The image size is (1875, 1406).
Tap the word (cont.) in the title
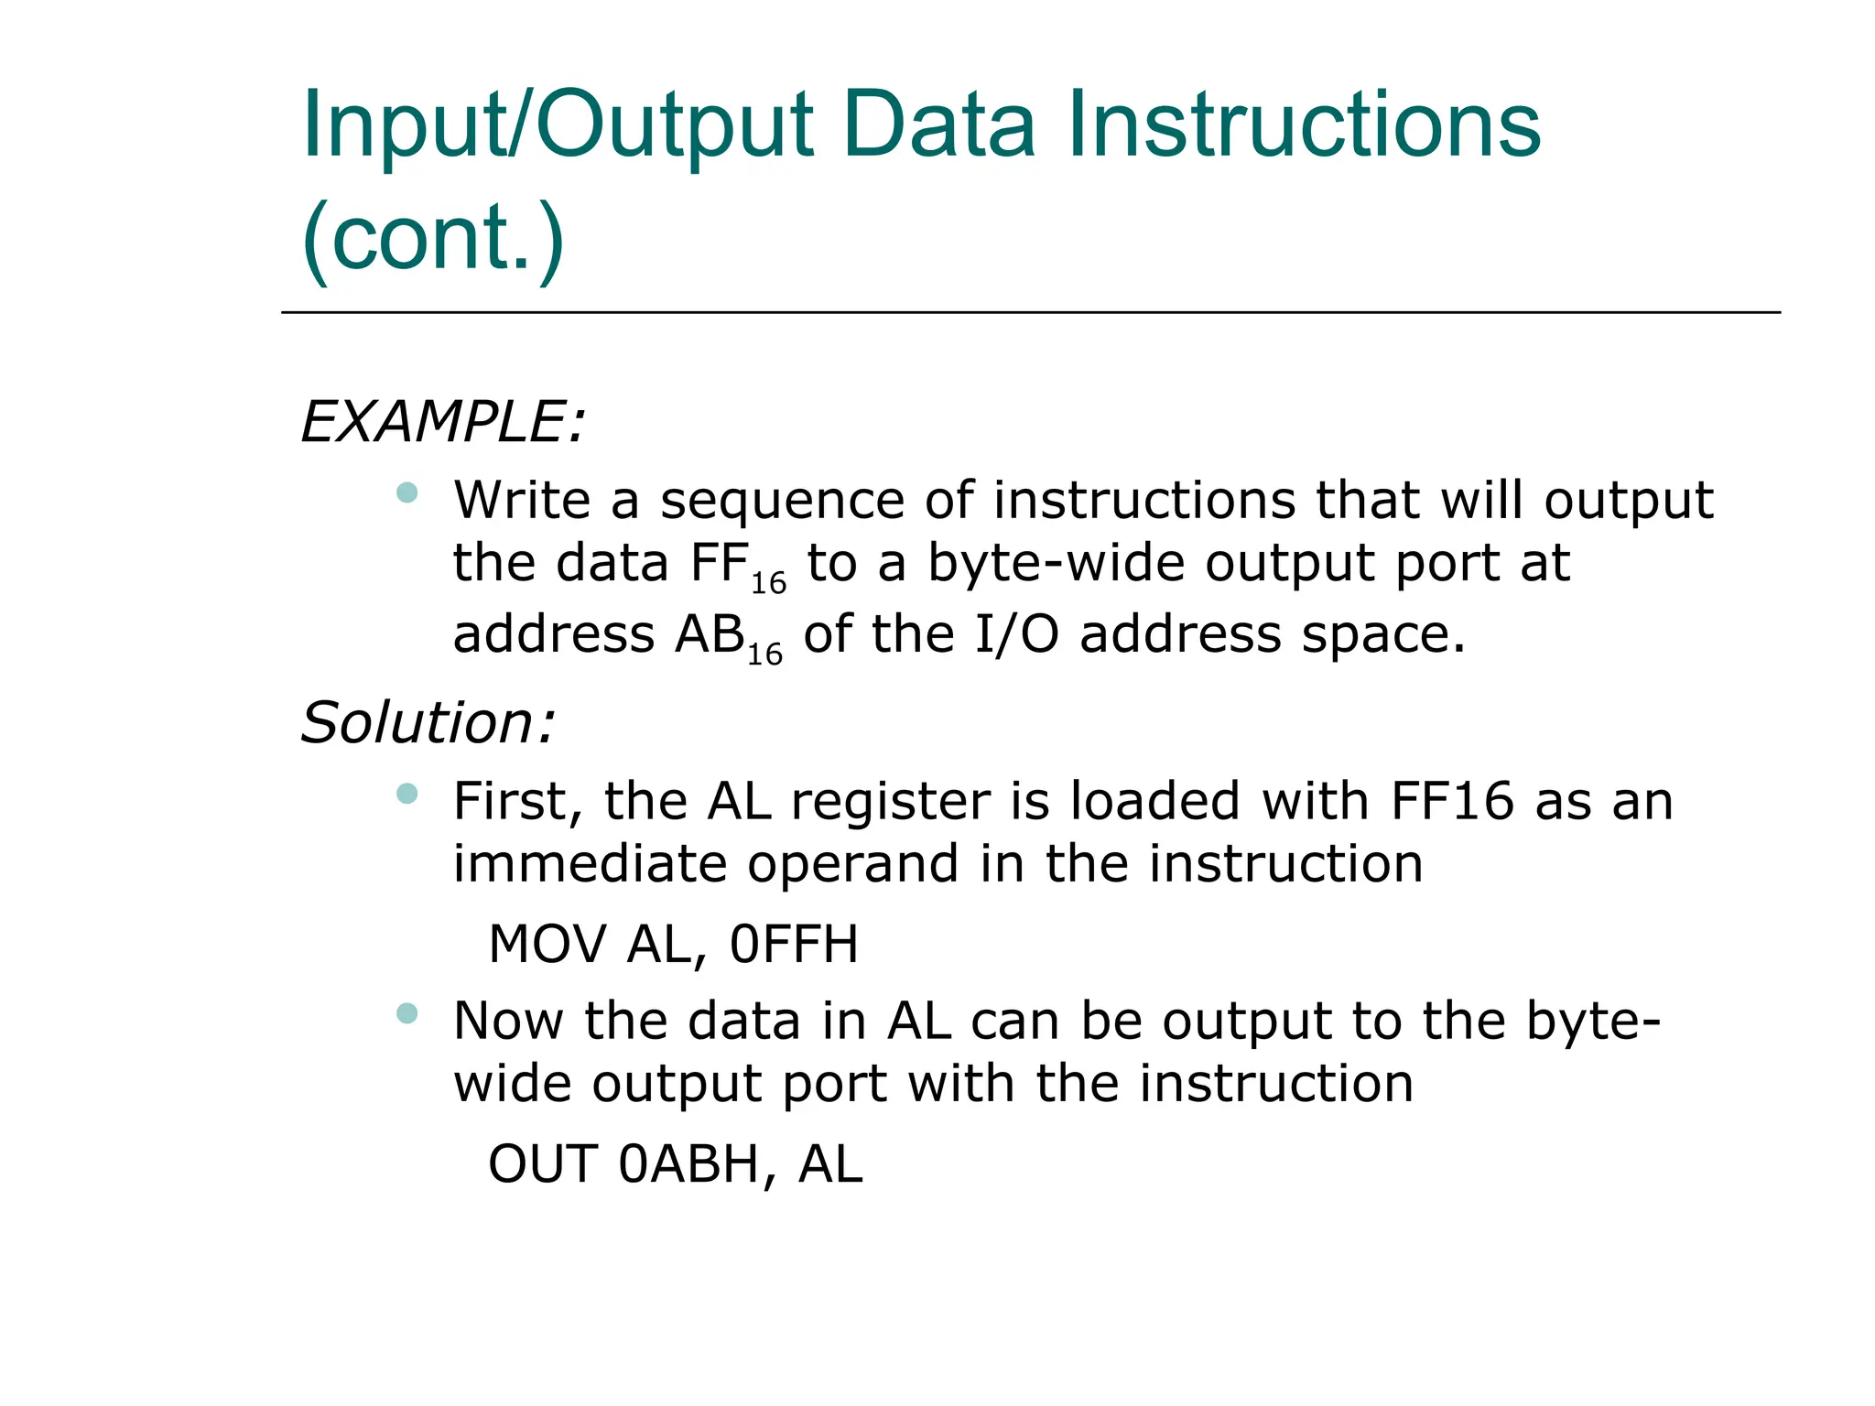click(x=432, y=238)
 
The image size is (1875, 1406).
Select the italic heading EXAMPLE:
click(x=442, y=422)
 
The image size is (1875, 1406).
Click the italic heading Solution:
click(x=428, y=723)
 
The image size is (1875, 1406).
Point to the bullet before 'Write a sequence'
click(x=406, y=493)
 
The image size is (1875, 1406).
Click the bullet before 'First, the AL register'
click(x=406, y=794)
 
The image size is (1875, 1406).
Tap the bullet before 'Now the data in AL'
click(x=406, y=1013)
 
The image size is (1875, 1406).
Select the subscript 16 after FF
click(x=768, y=582)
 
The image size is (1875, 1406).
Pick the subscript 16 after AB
click(x=764, y=654)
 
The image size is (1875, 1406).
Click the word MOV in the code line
click(x=547, y=945)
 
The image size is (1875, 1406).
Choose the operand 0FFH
click(x=794, y=945)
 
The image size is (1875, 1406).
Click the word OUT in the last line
click(x=543, y=1164)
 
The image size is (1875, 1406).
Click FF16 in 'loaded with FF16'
click(x=1452, y=801)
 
